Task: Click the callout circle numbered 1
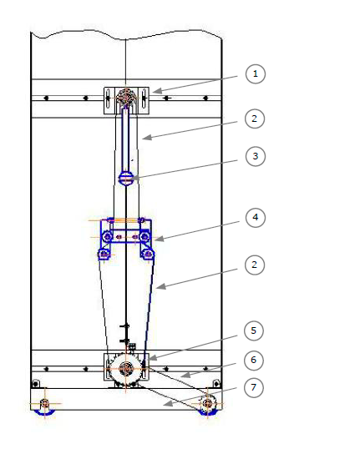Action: (256, 74)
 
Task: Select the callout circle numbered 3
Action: (256, 156)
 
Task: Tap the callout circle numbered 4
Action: (256, 218)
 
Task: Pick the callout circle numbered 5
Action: (254, 330)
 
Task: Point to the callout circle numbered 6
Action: (254, 360)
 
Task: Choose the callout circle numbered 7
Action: (254, 387)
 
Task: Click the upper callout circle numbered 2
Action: (255, 119)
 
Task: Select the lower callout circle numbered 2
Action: (255, 265)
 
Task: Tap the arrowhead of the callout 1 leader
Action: (157, 91)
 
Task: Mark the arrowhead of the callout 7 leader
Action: (168, 403)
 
